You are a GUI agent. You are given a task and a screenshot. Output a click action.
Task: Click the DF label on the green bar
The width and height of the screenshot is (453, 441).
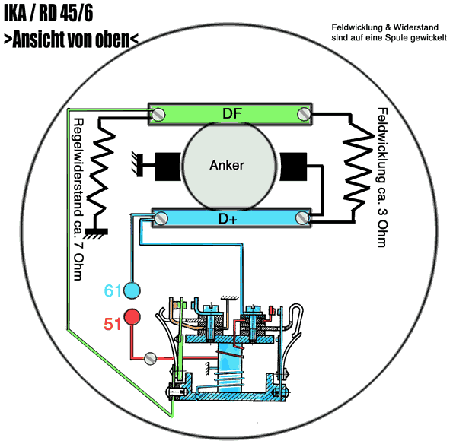[x=232, y=114]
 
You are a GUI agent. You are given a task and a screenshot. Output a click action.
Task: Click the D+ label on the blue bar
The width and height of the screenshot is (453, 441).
[x=228, y=218]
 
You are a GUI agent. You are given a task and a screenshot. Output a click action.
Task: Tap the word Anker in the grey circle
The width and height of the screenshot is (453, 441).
[x=227, y=165]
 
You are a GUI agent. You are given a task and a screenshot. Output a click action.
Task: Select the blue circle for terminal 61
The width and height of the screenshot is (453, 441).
[x=132, y=290]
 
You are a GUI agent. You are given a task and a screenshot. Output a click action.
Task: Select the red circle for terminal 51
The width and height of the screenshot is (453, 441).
[x=132, y=317]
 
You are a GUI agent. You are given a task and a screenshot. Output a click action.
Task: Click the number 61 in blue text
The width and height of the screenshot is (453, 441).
[x=113, y=290]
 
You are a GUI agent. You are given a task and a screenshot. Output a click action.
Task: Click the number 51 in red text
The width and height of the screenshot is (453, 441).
[x=113, y=324]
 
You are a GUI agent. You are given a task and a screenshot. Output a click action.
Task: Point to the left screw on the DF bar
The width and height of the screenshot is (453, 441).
[x=158, y=115]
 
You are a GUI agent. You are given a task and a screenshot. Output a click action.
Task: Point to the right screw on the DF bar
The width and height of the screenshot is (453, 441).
[x=304, y=114]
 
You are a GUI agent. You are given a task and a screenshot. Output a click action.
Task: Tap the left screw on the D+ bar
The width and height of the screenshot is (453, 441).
[x=161, y=218]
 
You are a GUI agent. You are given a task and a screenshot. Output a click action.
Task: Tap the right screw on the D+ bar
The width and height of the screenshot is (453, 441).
[x=302, y=217]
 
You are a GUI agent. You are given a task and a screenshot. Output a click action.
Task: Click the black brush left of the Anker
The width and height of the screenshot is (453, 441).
[x=168, y=167]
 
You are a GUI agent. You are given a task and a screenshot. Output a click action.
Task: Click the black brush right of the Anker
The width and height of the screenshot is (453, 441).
[x=293, y=167]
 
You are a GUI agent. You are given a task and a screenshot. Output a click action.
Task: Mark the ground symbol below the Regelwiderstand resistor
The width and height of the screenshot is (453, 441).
[x=96, y=233]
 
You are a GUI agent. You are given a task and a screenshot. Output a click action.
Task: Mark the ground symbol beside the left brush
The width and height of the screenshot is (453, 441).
[x=138, y=163]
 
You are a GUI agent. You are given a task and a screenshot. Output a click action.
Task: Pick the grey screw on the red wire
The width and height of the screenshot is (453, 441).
[x=150, y=358]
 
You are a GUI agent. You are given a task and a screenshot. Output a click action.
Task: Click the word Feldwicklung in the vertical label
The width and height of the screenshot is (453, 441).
[x=382, y=145]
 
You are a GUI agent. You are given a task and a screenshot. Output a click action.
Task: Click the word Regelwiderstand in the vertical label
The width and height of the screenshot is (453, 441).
[x=78, y=167]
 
